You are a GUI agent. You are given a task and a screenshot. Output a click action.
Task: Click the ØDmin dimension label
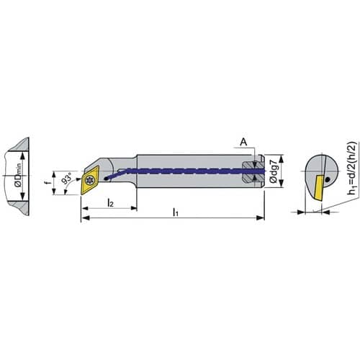pyautogui.click(x=18, y=176)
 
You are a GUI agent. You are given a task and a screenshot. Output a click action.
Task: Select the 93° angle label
pyautogui.click(x=67, y=177)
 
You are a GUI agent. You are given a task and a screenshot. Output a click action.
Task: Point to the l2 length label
pyautogui.click(x=110, y=203)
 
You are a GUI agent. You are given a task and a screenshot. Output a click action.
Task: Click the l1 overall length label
pyautogui.click(x=176, y=212)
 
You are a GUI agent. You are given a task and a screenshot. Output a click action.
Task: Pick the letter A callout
pyautogui.click(x=243, y=143)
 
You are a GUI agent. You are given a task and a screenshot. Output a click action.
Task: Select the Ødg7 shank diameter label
pyautogui.click(x=274, y=171)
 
